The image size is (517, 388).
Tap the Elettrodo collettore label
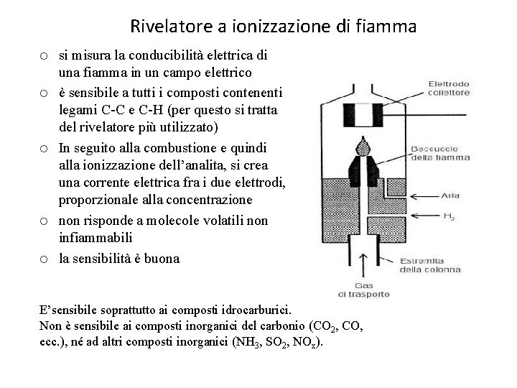(x=450, y=88)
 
